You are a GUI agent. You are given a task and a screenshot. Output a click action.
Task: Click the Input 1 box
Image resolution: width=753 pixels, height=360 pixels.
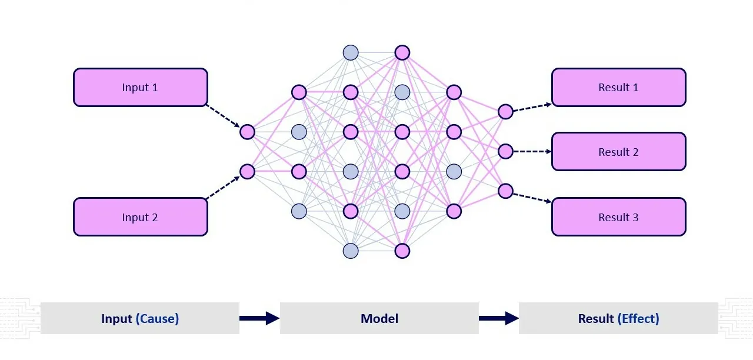pyautogui.click(x=140, y=87)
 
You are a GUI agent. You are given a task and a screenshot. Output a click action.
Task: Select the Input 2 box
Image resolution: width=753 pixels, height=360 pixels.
pyautogui.click(x=140, y=217)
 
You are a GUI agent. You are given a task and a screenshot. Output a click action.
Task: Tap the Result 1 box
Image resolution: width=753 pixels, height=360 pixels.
pyautogui.click(x=618, y=87)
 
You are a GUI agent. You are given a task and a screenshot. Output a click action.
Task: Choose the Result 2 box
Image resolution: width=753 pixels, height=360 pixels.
pyautogui.click(x=618, y=152)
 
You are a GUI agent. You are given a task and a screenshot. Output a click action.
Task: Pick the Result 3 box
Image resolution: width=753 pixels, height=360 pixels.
pyautogui.click(x=618, y=217)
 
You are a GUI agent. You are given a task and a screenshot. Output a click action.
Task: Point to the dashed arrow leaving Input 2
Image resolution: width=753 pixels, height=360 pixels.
pyautogui.click(x=223, y=188)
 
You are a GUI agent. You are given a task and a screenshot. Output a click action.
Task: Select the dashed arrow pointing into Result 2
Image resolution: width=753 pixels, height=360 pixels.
pyautogui.click(x=532, y=151)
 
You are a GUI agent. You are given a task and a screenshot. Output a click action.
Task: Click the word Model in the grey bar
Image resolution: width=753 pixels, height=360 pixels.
pyautogui.click(x=379, y=319)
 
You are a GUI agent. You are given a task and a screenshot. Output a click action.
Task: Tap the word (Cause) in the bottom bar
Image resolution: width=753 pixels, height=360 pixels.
pyautogui.click(x=157, y=319)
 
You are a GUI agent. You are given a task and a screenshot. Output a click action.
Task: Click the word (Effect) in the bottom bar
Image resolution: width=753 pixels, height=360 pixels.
pyautogui.click(x=638, y=319)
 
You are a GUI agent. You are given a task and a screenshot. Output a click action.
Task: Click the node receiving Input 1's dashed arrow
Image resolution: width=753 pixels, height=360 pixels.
pyautogui.click(x=247, y=132)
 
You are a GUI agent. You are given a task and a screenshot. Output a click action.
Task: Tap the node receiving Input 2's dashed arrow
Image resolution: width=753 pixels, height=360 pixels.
pyautogui.click(x=247, y=171)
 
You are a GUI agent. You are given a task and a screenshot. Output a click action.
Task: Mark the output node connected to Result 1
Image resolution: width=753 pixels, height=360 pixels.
pyautogui.click(x=505, y=112)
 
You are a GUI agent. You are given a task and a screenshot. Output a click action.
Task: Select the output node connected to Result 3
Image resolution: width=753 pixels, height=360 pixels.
pyautogui.click(x=505, y=191)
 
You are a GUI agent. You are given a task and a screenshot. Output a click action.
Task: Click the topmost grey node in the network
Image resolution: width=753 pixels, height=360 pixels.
pyautogui.click(x=351, y=52)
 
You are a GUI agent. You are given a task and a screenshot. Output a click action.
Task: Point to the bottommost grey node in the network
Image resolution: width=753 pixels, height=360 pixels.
pyautogui.click(x=351, y=251)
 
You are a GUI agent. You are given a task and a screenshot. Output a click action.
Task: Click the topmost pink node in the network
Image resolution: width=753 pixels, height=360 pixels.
pyautogui.click(x=402, y=52)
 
